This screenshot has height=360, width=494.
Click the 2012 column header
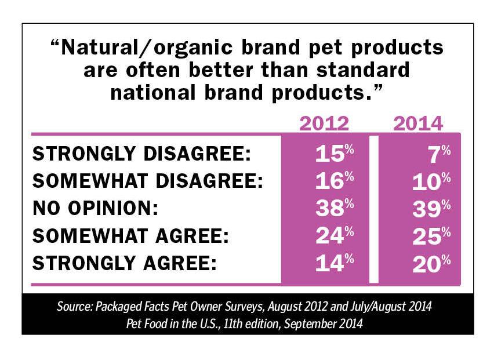tap(324, 123)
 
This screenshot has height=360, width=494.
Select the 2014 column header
tap(418, 123)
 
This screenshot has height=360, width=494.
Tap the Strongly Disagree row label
tap(142, 154)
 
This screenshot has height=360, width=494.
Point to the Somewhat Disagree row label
tap(148, 181)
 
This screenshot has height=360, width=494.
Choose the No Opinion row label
tap(96, 208)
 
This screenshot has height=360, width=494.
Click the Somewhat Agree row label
tap(130, 235)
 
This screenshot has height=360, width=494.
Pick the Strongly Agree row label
tap(125, 263)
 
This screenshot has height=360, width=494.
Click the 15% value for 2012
tap(335, 154)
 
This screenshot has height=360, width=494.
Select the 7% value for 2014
tap(440, 154)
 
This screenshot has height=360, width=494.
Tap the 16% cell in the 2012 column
tap(335, 181)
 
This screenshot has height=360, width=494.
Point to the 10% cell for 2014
tap(431, 181)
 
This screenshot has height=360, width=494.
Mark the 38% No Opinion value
tap(335, 208)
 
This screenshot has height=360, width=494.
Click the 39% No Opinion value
tap(431, 209)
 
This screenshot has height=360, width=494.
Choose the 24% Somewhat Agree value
tap(335, 235)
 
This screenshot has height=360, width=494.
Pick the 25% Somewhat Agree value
tap(431, 236)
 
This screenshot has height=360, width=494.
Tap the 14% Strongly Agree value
tap(335, 263)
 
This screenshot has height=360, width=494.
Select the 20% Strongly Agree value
tap(431, 264)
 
